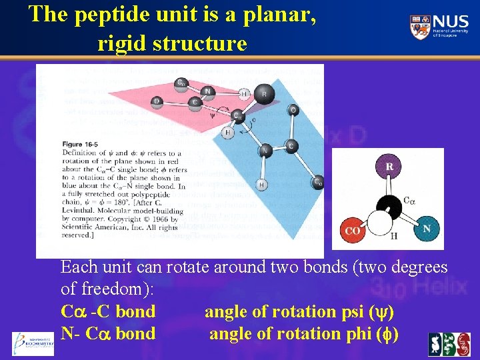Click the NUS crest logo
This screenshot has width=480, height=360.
(421, 27)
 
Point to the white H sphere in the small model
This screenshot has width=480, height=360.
(385, 227)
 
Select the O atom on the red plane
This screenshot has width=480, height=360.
(157, 102)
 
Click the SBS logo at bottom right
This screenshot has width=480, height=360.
(449, 344)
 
